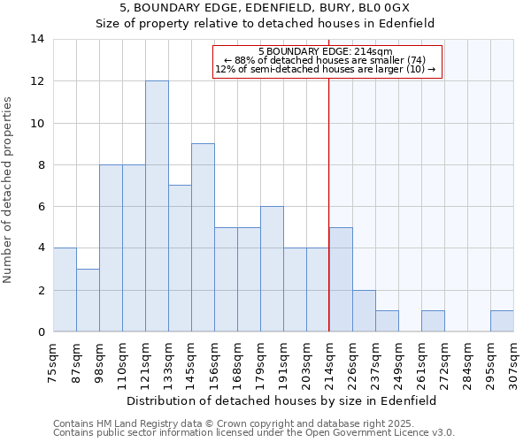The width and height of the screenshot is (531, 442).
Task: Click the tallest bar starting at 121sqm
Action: [157, 206]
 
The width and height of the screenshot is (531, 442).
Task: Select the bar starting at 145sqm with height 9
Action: [203, 238]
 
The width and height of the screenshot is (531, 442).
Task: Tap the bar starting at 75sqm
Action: [65, 290]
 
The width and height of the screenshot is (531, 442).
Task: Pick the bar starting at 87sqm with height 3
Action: [88, 301]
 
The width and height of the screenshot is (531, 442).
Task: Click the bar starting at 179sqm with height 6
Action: [272, 269]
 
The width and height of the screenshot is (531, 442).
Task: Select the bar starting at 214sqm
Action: [341, 279]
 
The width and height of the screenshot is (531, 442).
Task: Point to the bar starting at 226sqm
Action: [364, 311]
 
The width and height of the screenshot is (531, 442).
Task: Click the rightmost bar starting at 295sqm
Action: [502, 322]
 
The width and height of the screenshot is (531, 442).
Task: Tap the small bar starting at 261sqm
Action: [433, 322]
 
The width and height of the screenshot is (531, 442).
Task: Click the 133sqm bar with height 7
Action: [180, 258]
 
